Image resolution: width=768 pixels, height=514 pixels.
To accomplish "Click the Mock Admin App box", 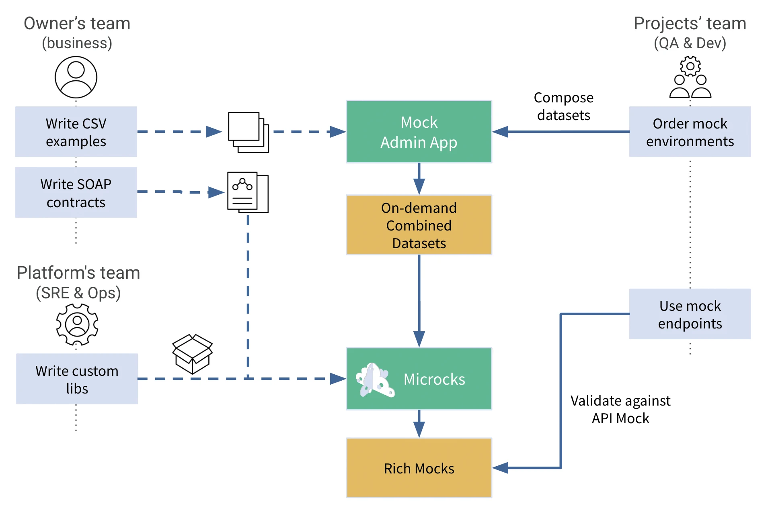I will [x=419, y=132].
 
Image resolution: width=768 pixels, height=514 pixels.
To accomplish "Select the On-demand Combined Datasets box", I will [x=419, y=225].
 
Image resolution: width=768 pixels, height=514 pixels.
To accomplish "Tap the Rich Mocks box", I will [x=419, y=468].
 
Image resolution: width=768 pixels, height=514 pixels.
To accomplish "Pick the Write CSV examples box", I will [x=76, y=132].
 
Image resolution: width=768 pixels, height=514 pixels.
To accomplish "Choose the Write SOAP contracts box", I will [x=76, y=193].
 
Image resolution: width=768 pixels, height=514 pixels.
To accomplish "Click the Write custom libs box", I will [x=77, y=379].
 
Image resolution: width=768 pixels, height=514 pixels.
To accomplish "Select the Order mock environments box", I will [x=690, y=132].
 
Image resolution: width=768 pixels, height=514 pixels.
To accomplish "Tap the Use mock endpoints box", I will [x=690, y=314].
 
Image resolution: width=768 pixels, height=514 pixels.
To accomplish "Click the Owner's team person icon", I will [x=76, y=77].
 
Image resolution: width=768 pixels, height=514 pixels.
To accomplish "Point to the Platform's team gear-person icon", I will [x=77, y=324].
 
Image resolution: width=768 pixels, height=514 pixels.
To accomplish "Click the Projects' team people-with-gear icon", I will [x=690, y=78].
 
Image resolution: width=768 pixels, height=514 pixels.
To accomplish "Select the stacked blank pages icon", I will [x=248, y=132].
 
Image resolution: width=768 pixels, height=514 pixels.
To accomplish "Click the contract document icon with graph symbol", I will [x=248, y=192].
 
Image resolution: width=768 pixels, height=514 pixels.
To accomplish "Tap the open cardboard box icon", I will [x=192, y=354].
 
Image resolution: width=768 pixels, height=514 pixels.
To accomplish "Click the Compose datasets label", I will [x=563, y=106].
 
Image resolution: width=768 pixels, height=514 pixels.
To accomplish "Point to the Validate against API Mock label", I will [x=620, y=409].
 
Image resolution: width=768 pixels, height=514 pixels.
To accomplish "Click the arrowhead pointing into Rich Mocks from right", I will [x=501, y=468].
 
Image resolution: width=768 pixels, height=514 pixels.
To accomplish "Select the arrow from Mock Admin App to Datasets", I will [x=419, y=179].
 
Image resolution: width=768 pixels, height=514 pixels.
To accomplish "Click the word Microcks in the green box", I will [x=434, y=379].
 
